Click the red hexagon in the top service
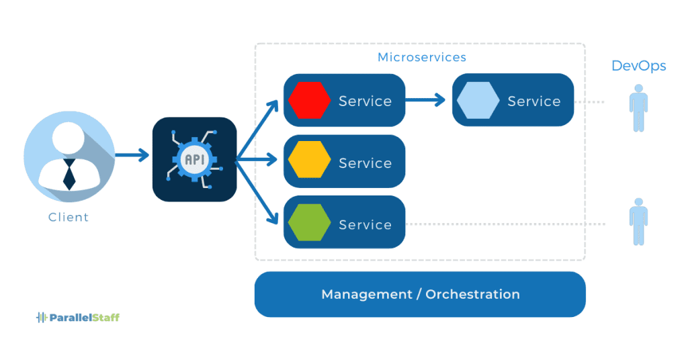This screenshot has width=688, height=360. pos(309,101)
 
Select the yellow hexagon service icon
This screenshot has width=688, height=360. pos(309,163)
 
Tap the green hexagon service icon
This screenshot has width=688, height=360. pos(309,224)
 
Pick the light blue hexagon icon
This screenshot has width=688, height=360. pos(478,101)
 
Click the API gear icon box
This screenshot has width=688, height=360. pos(194,159)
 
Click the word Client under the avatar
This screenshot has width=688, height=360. pos(69,217)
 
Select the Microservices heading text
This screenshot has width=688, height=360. pos(421,57)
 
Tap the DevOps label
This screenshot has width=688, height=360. pos(638,66)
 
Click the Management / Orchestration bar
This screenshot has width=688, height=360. pos(420,294)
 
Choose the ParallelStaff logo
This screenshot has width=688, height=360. pos(77,317)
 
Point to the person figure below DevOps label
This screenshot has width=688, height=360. pos(638,108)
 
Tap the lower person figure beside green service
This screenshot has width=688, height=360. pos(638,221)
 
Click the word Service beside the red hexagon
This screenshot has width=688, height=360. pos(365,101)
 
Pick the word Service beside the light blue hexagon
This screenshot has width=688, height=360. pos(533,101)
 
